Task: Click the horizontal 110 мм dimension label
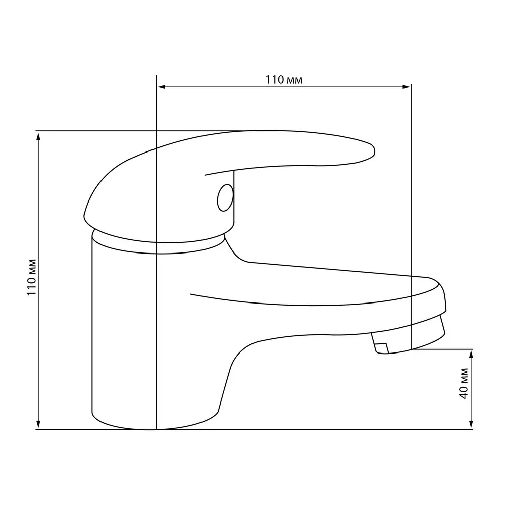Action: pos(284,80)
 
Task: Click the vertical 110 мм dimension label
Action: pos(32,277)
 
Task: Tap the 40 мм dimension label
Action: pos(463,383)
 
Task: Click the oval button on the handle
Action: pos(225,198)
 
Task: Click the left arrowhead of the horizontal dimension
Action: pos(161,87)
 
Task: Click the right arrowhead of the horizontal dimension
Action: pos(407,87)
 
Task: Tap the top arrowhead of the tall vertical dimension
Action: pos(39,136)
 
